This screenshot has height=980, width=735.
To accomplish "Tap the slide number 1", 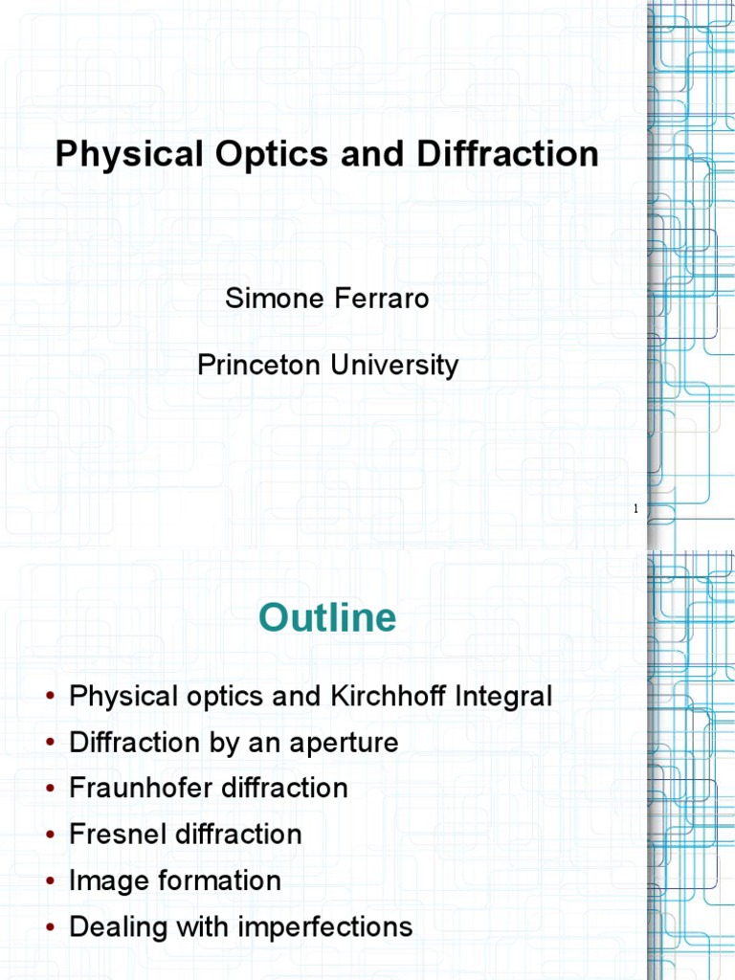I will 635,509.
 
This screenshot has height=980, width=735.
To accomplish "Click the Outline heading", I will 327,618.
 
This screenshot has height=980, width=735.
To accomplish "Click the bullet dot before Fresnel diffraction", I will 51,835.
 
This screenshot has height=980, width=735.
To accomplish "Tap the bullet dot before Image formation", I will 51,881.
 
